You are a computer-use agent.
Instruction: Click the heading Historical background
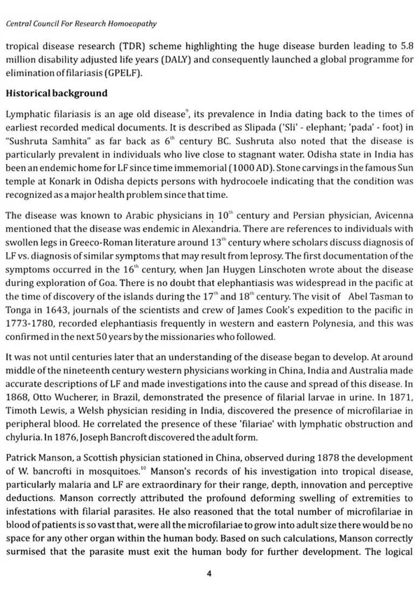(57, 93)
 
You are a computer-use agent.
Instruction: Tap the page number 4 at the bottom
(209, 574)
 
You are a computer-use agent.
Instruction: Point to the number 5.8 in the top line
(407, 46)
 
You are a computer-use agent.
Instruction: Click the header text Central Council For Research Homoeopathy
(81, 24)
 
